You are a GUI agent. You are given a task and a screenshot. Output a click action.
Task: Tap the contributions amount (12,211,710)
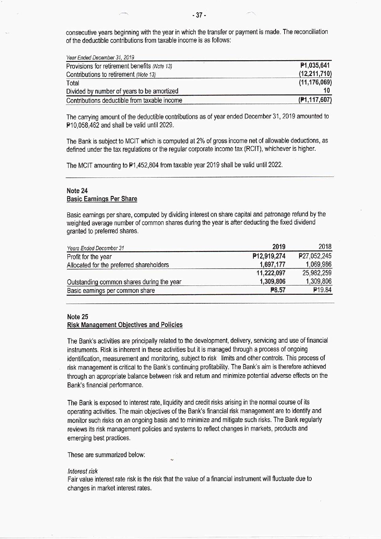[315, 74]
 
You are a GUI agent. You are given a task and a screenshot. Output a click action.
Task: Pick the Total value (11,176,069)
[315, 82]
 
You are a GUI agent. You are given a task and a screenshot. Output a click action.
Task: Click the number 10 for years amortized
[327, 90]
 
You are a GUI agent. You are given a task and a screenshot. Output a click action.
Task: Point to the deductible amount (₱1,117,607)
[315, 100]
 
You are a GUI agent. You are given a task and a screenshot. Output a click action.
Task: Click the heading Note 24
[77, 191]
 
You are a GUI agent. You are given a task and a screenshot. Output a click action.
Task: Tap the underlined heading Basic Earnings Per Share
[102, 199]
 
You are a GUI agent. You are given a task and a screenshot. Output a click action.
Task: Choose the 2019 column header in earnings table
[279, 247]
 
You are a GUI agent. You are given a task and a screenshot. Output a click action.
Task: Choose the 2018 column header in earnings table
[325, 247]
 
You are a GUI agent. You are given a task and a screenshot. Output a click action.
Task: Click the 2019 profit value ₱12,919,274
[269, 256]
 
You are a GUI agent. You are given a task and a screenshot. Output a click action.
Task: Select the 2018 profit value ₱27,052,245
[315, 256]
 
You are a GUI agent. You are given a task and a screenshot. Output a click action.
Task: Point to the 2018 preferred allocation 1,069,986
[318, 264]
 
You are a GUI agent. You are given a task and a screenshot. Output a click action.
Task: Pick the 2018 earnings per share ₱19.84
[322, 290]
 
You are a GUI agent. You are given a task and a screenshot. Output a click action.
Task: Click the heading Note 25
[77, 317]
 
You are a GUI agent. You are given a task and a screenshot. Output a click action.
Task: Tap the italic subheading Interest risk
[82, 471]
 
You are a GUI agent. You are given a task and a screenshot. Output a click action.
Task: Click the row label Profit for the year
[89, 257]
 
